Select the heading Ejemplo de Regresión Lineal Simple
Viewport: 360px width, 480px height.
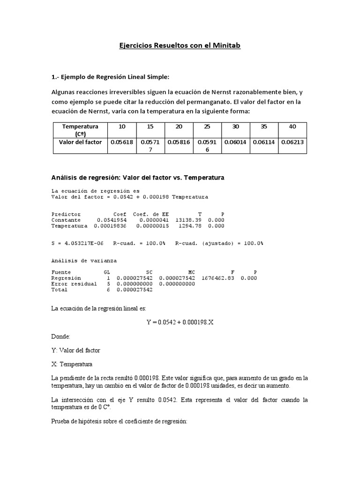111,76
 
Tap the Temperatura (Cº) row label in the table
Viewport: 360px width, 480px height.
80,130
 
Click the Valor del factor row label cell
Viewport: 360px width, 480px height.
80,142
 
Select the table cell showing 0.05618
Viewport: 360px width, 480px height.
122,142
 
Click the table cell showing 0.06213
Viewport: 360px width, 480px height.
292,142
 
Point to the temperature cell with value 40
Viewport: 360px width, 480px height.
292,127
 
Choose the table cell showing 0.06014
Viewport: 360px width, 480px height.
235,142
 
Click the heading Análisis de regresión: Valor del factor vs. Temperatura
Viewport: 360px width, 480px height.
138,178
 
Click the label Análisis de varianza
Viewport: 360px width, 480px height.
84,260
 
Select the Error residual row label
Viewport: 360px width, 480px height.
74,284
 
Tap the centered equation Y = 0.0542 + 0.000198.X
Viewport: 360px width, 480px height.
180,322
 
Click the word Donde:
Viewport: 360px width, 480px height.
60,336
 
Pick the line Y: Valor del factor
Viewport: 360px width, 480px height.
75,350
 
